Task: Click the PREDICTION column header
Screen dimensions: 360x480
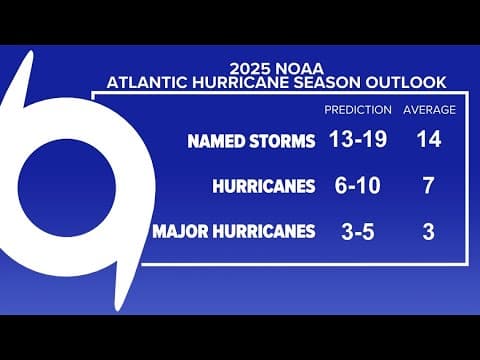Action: pyautogui.click(x=358, y=110)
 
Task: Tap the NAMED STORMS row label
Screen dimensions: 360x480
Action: pyautogui.click(x=251, y=141)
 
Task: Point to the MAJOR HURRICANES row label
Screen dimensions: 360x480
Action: pyautogui.click(x=234, y=233)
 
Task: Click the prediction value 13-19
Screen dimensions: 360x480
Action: pyautogui.click(x=358, y=140)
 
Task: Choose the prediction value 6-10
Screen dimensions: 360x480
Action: pyautogui.click(x=358, y=186)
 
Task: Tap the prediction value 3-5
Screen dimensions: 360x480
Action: pyautogui.click(x=358, y=232)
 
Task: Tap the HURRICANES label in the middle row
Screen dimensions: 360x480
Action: pyautogui.click(x=263, y=187)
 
